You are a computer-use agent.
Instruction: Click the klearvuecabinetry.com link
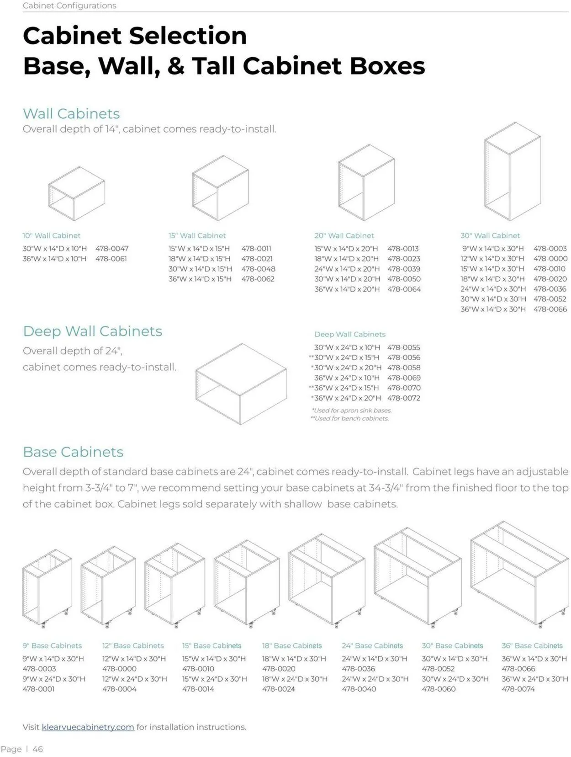coord(88,727)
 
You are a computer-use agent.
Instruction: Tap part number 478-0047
coord(112,249)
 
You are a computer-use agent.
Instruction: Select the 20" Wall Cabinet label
coord(344,235)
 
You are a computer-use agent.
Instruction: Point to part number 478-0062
coord(258,279)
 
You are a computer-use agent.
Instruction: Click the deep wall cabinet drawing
coord(241,384)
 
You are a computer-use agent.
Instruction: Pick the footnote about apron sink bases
coord(352,410)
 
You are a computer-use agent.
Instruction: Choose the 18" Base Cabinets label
coord(292,645)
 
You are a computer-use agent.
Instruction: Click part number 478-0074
coord(518,689)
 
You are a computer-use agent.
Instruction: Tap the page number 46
coord(37,749)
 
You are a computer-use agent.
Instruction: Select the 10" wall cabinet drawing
coord(76,193)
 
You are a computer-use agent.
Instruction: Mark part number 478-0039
coord(404,269)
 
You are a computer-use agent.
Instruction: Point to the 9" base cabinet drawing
coord(47,588)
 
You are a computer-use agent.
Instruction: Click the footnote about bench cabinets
coord(350,418)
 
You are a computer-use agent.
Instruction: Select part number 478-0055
coord(404,347)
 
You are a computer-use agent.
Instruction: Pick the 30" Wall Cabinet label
coord(490,235)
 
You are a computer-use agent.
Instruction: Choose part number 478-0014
coord(198,689)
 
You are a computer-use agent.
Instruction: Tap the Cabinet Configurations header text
coord(69,5)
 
